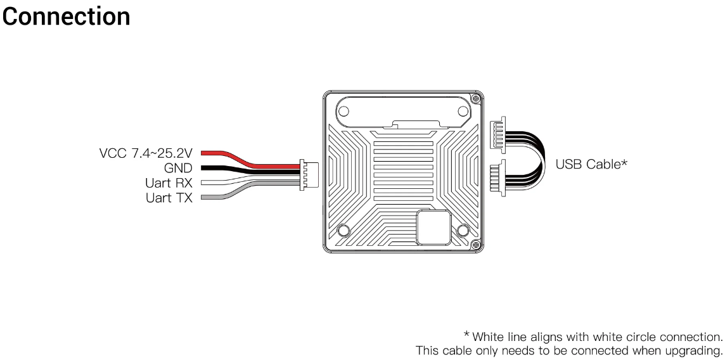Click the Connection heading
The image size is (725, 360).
[x=66, y=16]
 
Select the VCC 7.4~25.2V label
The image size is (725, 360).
[x=145, y=153]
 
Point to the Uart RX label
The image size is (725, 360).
[x=168, y=183]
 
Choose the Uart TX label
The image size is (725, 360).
[x=168, y=198]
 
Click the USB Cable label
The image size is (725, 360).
[x=591, y=164]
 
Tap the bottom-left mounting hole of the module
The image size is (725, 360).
[x=343, y=230]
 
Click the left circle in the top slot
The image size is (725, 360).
[x=343, y=112]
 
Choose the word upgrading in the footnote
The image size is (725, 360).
[x=696, y=350]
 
